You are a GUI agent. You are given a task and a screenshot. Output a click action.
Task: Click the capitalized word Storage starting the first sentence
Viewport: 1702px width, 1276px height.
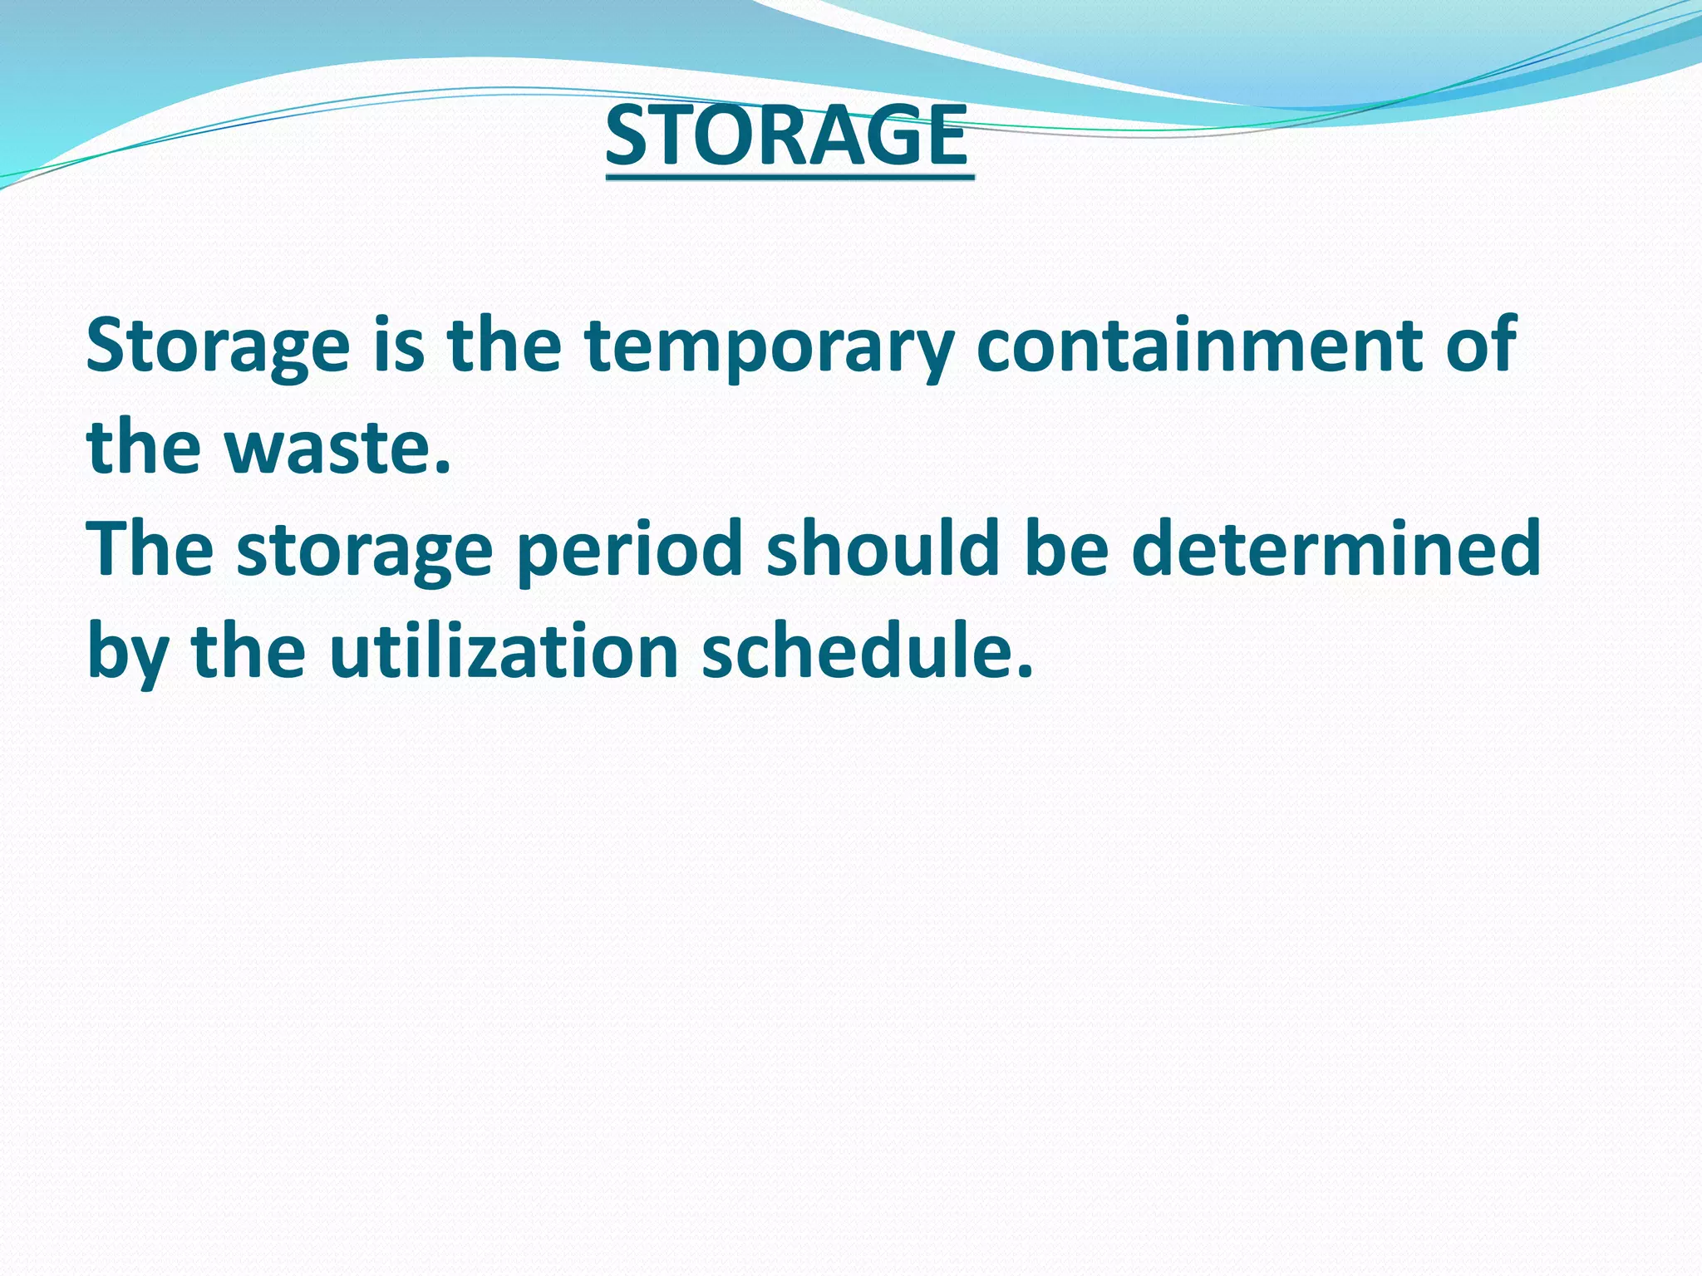[x=218, y=347]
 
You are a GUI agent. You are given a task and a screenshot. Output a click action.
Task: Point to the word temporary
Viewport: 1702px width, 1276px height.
[x=770, y=347]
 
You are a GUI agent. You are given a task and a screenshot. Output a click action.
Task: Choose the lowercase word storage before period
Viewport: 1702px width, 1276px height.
[x=365, y=552]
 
